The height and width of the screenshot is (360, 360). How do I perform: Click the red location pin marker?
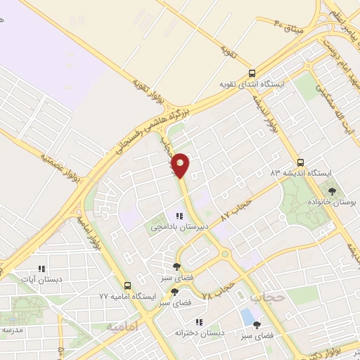(x=181, y=164)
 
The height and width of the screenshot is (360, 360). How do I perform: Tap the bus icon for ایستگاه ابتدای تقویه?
(x=252, y=73)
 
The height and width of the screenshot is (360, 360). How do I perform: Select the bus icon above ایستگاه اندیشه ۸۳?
(x=300, y=162)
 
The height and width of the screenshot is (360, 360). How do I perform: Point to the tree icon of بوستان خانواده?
(x=332, y=191)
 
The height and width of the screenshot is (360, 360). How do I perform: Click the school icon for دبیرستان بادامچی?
(x=180, y=216)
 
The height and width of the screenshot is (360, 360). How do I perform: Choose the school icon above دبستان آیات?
(x=41, y=268)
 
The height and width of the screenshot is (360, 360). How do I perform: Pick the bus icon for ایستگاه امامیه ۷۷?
(x=127, y=285)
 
